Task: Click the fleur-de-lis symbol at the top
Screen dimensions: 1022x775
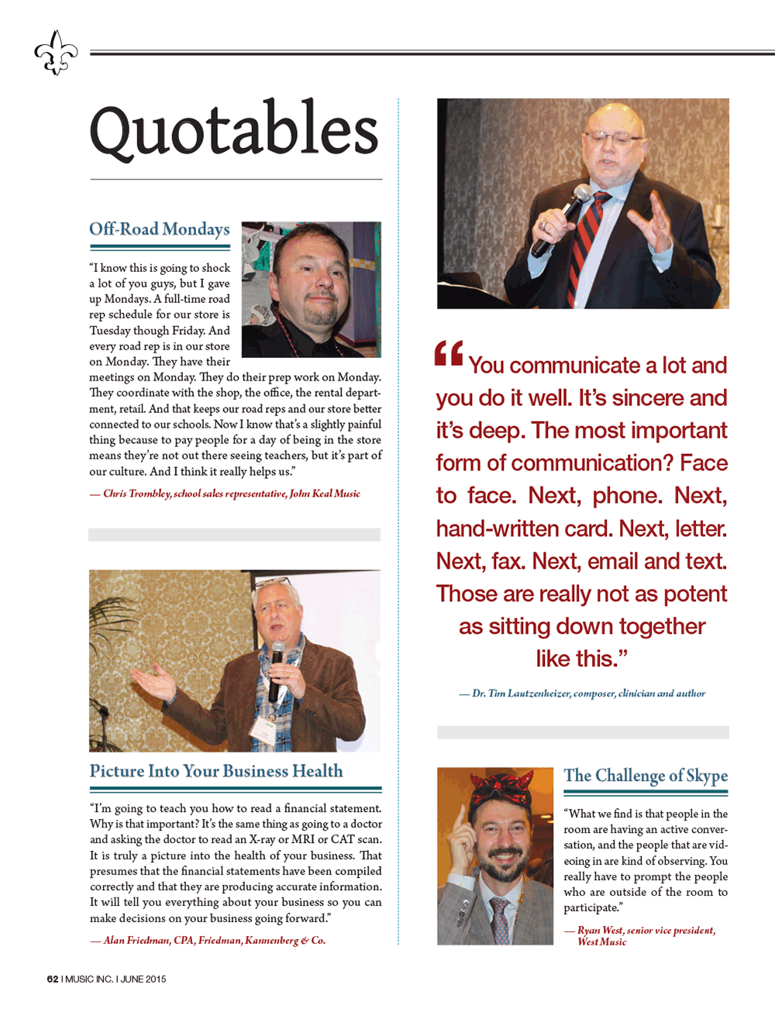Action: pyautogui.click(x=56, y=53)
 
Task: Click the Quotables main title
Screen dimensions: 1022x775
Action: pyautogui.click(x=234, y=130)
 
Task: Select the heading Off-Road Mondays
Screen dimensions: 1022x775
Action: pyautogui.click(x=160, y=229)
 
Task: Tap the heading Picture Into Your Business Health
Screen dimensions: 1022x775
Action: pyautogui.click(x=216, y=771)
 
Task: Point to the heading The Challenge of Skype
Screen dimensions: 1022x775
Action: pyautogui.click(x=646, y=776)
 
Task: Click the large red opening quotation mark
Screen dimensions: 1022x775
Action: pyautogui.click(x=449, y=353)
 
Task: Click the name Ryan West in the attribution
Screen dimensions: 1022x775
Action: pyautogui.click(x=600, y=930)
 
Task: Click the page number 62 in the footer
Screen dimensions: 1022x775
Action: pyautogui.click(x=53, y=979)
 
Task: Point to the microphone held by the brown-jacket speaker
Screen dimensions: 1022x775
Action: pyautogui.click(x=276, y=666)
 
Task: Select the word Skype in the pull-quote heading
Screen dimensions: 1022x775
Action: pyautogui.click(x=706, y=776)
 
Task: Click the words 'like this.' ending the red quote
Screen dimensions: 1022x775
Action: pyautogui.click(x=581, y=659)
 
